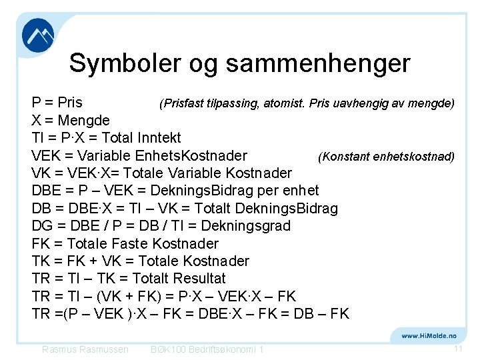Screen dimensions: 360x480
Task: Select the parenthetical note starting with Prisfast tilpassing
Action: click(x=307, y=103)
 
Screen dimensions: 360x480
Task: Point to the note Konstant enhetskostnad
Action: click(x=387, y=157)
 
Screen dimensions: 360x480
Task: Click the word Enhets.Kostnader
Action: click(x=191, y=156)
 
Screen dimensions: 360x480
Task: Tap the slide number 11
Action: click(x=458, y=349)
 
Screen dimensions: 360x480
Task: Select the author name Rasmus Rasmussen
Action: click(x=85, y=349)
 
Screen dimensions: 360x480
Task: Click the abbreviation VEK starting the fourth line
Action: click(x=47, y=156)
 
